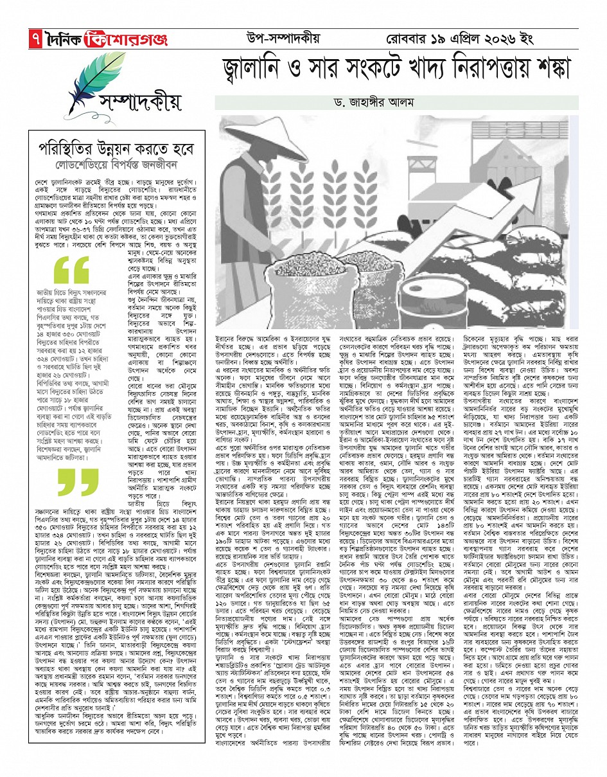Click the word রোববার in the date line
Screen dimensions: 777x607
(x=414, y=39)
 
